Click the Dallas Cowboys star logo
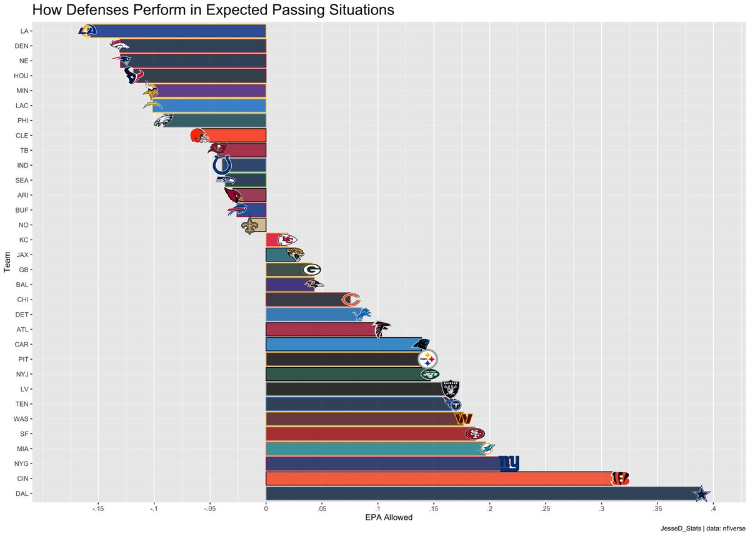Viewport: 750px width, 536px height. click(x=703, y=494)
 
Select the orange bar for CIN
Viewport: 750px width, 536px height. click(x=437, y=479)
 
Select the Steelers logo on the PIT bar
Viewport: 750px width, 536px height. click(x=427, y=360)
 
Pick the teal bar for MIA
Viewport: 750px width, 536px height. click(x=375, y=449)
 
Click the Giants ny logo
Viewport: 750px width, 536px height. click(x=509, y=463)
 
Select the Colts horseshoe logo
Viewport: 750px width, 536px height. click(x=222, y=165)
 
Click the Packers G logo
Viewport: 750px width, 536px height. click(x=312, y=270)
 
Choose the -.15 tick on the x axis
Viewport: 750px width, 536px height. click(x=97, y=509)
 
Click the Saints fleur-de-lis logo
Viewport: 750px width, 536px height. click(x=251, y=225)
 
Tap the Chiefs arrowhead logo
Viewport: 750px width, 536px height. click(x=286, y=240)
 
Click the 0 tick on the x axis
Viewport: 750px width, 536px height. click(x=266, y=509)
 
